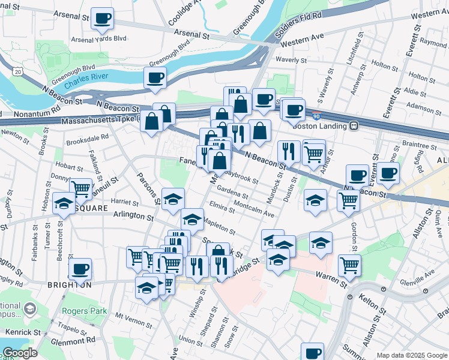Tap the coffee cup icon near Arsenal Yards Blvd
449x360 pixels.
pos(103,19)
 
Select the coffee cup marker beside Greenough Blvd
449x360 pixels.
pos(155,78)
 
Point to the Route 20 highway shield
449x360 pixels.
pos(17,71)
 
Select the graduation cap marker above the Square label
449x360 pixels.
pos(64,203)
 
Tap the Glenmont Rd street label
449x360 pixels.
pos(74,340)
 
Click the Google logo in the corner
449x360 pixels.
pos(19,353)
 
